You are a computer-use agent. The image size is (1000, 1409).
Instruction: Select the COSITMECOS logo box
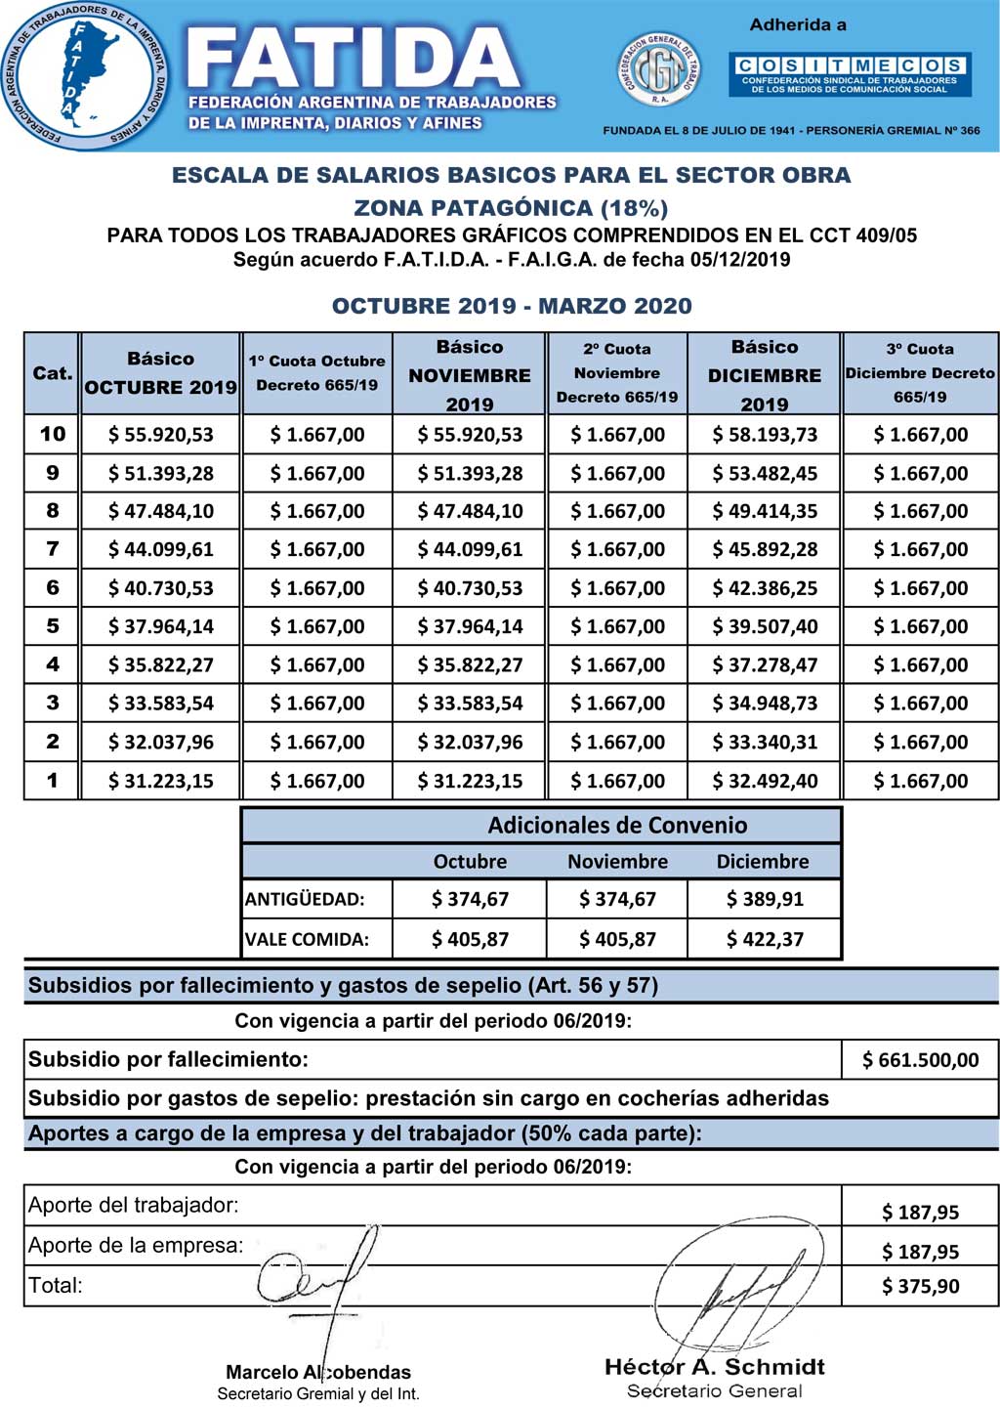point(850,74)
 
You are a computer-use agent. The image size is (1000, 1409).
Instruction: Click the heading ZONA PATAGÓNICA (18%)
point(511,207)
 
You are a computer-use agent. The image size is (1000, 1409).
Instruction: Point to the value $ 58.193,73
point(765,435)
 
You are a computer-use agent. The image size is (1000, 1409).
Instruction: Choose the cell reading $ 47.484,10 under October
point(161,511)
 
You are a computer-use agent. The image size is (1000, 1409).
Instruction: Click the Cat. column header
point(53,373)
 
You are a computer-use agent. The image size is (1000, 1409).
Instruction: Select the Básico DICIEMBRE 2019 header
point(765,374)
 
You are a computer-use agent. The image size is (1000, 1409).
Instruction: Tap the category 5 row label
point(53,626)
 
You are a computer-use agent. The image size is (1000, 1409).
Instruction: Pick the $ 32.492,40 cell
point(765,781)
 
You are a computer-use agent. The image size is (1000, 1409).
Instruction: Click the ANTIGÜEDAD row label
point(305,899)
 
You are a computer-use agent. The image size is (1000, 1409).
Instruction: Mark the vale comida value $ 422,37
point(765,939)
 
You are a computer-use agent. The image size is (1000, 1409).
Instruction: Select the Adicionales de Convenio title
point(617,826)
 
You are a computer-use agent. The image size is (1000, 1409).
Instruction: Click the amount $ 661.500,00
point(920,1060)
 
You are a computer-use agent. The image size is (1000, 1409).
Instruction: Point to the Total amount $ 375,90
point(920,1287)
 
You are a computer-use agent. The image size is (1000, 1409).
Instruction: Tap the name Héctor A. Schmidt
point(715,1367)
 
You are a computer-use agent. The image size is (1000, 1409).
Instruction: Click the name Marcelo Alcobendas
point(318,1372)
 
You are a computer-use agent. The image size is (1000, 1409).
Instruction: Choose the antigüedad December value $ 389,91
point(765,899)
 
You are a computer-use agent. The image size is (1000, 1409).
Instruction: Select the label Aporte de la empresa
point(136,1246)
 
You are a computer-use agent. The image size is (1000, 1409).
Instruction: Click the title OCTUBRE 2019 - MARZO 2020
point(512,306)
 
